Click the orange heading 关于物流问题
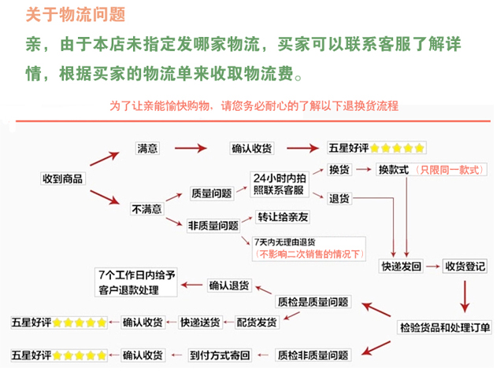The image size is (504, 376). click(76, 15)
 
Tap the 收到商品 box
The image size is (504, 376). click(63, 179)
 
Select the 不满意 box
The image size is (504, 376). click(146, 209)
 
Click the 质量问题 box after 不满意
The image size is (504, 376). click(212, 194)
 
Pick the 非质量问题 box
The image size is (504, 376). click(213, 226)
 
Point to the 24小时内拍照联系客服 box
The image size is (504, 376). click(280, 184)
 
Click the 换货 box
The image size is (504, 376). click(339, 170)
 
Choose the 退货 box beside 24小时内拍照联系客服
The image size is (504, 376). click(339, 199)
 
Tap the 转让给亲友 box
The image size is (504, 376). click(283, 217)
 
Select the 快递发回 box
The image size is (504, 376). click(401, 266)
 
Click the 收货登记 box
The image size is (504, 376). click(465, 266)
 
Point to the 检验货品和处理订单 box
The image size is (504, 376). click(445, 328)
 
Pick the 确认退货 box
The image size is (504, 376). click(229, 285)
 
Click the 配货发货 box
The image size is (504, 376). click(257, 322)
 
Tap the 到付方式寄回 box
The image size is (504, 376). click(220, 355)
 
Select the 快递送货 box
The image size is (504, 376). click(200, 322)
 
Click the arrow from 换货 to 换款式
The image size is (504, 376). click(364, 169)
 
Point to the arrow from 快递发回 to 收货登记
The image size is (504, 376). click(433, 266)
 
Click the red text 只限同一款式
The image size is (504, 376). click(450, 170)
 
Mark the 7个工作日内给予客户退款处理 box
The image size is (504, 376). click(136, 282)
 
